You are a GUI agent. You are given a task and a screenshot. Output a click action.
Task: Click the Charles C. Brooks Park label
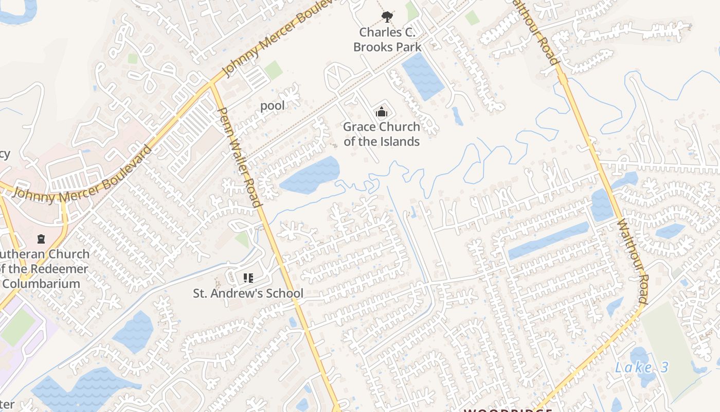click(387, 40)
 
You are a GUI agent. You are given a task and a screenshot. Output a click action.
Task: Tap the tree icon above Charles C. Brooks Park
click(387, 18)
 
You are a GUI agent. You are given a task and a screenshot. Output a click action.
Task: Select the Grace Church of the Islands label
click(381, 134)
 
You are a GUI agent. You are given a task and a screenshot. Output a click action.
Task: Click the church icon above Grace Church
click(381, 112)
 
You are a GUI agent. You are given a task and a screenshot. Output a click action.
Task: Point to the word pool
click(272, 106)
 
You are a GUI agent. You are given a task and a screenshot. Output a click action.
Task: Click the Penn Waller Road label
click(240, 157)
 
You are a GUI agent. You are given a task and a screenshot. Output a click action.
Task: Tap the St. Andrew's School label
click(248, 294)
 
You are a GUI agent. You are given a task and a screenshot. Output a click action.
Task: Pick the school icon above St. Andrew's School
click(248, 279)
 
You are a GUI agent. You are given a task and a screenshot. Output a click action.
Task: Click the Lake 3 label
click(642, 368)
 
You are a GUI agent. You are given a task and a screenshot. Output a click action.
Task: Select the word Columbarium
click(41, 284)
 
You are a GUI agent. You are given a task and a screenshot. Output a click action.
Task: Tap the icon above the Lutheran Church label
click(41, 239)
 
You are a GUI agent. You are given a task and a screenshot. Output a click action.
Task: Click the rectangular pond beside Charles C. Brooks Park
click(422, 76)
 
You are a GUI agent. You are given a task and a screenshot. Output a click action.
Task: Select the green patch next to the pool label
click(273, 70)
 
